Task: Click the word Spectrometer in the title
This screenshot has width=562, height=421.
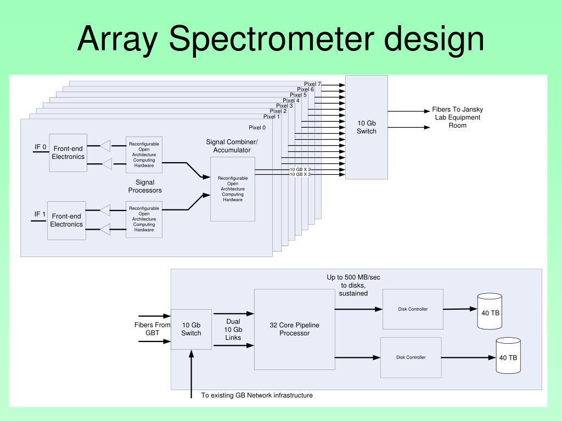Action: click(x=271, y=39)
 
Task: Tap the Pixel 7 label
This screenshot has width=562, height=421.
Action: click(x=312, y=84)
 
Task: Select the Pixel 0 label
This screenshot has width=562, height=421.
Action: click(x=257, y=127)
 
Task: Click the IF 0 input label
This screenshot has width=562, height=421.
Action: click(x=41, y=147)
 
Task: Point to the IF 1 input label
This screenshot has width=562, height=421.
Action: click(x=40, y=214)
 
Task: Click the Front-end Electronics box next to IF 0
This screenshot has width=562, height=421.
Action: click(x=68, y=153)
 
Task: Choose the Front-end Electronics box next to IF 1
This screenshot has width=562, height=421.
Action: click(x=66, y=220)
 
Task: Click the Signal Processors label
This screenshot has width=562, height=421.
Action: click(x=145, y=186)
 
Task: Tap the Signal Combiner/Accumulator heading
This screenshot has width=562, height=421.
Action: click(x=232, y=146)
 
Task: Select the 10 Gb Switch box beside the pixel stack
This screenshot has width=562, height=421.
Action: click(x=366, y=127)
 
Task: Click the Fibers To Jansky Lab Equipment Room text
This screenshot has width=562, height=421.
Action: click(x=458, y=117)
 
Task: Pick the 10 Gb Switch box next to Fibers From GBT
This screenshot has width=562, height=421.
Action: click(x=191, y=329)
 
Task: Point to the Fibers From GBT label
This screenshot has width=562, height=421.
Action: click(x=153, y=329)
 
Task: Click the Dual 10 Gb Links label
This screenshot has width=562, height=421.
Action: click(x=233, y=329)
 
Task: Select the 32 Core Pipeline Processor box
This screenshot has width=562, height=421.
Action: click(x=295, y=329)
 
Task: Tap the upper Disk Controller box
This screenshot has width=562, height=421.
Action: click(x=413, y=309)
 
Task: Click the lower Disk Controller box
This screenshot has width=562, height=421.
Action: click(x=411, y=357)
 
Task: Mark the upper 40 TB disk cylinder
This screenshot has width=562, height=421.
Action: click(x=490, y=311)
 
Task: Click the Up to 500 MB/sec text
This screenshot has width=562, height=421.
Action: click(x=353, y=277)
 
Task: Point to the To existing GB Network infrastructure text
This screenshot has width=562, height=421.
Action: click(x=257, y=395)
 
